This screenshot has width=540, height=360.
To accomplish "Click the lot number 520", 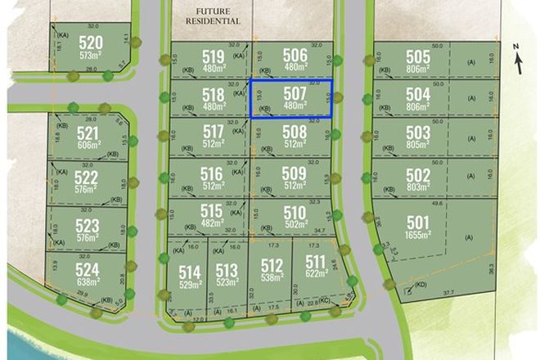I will point(91,43).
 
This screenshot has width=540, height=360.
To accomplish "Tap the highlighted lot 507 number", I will point(295,93).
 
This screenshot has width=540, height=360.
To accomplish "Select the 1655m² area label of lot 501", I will point(417,236).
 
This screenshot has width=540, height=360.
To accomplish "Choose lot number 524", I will point(88,269).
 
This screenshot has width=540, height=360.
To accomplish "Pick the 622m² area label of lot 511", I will point(314,277).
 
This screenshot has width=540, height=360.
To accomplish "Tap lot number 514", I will point(189,272).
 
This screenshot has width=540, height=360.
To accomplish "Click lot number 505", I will point(417,57).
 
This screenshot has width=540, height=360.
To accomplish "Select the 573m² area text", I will point(91,56).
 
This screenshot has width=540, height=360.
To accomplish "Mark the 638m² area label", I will point(88,282).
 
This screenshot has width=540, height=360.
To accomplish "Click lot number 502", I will point(417,176).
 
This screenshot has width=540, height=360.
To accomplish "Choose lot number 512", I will point(272,264).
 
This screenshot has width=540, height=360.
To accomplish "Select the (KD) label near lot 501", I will point(421,286).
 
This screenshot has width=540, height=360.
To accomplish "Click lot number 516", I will point(211,173).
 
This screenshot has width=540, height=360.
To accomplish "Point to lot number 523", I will point(88,226).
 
